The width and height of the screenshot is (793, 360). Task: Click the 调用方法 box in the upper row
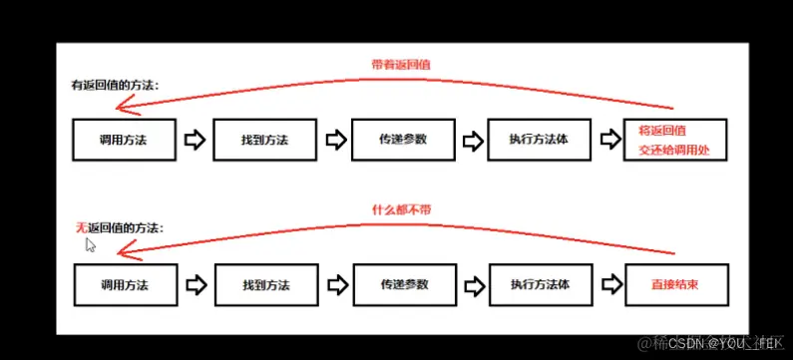125,140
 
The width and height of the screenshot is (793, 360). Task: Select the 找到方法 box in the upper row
265,140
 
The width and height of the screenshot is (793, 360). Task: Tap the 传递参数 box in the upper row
403,140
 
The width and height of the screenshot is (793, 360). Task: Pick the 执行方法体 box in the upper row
541,140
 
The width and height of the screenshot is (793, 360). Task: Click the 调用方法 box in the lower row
125,285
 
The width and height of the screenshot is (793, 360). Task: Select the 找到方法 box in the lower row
265,285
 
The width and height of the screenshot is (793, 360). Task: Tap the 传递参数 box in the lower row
403,285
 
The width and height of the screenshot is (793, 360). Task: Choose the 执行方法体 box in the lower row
541,285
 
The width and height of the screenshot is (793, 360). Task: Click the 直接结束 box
674,285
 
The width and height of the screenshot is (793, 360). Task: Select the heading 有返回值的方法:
115,85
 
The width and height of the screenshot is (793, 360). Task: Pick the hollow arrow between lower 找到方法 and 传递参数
335,285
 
